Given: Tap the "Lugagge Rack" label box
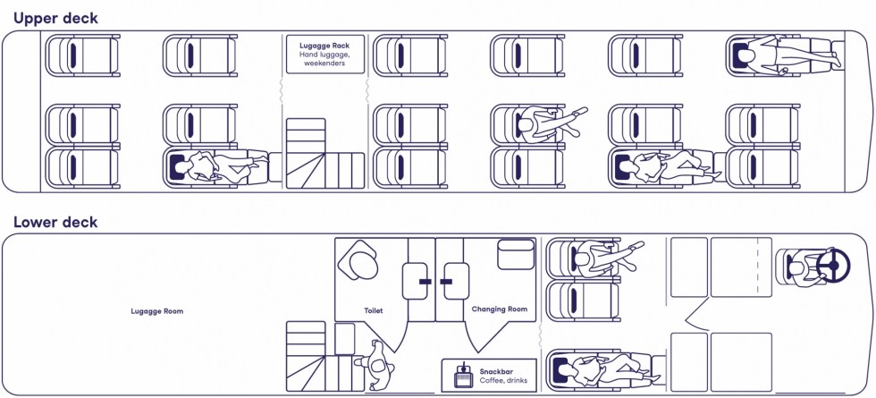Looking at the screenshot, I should tap(324, 55).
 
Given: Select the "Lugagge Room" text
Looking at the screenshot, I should tap(156, 311).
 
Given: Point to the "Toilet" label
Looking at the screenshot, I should tap(373, 310).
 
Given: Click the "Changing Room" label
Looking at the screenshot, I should tap(500, 310).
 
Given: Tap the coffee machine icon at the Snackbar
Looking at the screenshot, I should tap(463, 376).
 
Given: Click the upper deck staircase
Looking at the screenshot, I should tap(323, 154).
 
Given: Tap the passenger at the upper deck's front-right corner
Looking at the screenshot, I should tap(768, 56).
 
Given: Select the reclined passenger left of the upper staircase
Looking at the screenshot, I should tap(215, 167).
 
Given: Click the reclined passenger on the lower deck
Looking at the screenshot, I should tap(599, 368).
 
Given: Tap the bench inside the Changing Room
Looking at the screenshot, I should tap(515, 251).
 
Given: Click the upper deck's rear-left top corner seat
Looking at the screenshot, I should tap(82, 56).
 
